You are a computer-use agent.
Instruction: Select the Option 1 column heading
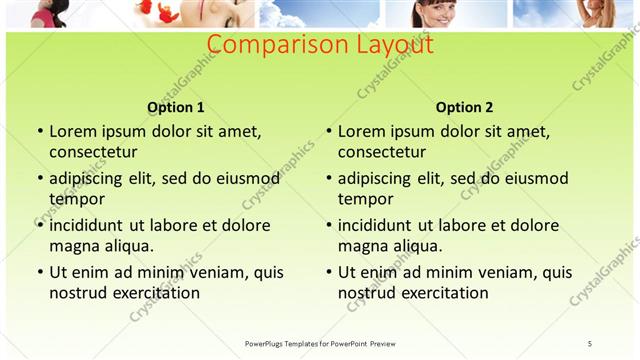pos(176,107)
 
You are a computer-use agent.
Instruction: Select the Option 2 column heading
pos(464,107)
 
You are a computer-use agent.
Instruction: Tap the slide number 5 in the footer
pos(589,343)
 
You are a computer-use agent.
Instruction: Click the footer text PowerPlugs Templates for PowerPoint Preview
pos(320,343)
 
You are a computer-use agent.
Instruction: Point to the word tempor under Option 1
pos(77,199)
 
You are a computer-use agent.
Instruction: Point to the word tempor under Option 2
pos(366,199)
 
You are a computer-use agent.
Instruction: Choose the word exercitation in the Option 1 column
pos(152,293)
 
